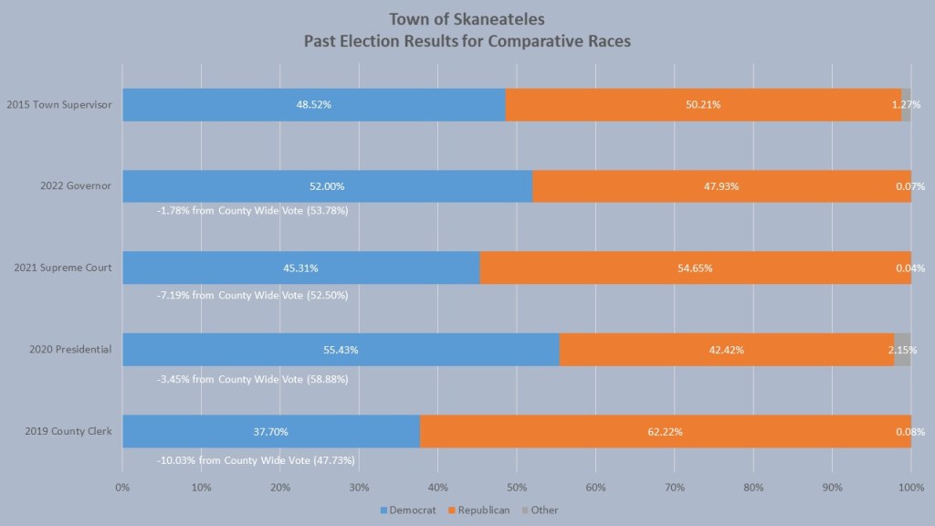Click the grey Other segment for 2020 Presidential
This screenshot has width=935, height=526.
pos(901,349)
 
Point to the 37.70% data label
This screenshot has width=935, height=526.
pos(270,431)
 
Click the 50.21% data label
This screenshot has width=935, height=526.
pos(703,105)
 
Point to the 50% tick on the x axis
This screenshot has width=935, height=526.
pos(516,487)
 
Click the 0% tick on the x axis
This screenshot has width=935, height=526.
pos(122,487)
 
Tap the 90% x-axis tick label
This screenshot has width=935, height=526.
pos(832,487)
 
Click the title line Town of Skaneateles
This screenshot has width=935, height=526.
pos(467,19)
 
